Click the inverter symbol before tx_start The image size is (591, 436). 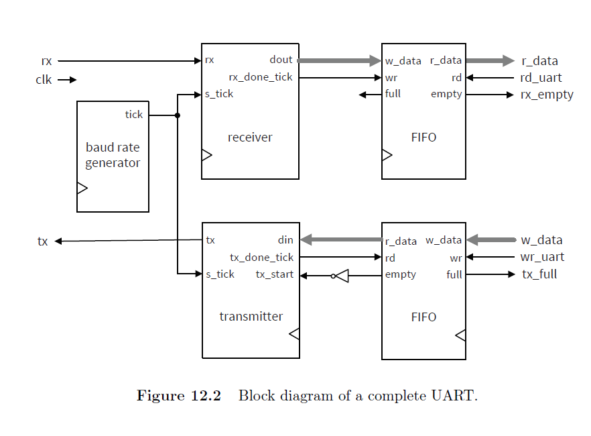[341, 276]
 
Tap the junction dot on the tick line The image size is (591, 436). [178, 115]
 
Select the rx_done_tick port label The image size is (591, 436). [261, 77]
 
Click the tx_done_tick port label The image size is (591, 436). [261, 258]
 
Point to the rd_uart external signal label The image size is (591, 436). [541, 78]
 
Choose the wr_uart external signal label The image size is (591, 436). [542, 258]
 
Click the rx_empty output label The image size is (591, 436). [547, 95]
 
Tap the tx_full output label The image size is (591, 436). [539, 274]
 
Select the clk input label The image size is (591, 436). [44, 80]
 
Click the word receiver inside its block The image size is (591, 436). [250, 138]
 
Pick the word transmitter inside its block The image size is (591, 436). [251, 317]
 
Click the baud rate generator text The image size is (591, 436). [113, 155]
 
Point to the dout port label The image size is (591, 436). [281, 60]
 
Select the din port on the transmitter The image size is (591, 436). [285, 240]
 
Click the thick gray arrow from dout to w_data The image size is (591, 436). [339, 61]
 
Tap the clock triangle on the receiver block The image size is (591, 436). [206, 156]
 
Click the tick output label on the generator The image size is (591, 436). [134, 115]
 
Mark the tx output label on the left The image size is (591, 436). [43, 241]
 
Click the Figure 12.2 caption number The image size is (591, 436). [179, 396]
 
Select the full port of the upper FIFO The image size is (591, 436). [393, 94]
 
